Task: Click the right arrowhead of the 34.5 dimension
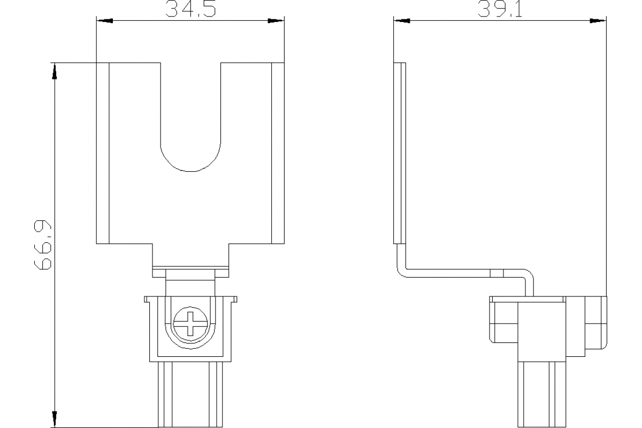(x=276, y=21)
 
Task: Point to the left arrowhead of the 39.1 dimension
(x=402, y=21)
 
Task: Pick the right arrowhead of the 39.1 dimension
(x=598, y=21)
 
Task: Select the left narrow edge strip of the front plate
(x=103, y=152)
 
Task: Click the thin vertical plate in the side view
(x=400, y=152)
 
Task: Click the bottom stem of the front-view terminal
(x=190, y=395)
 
